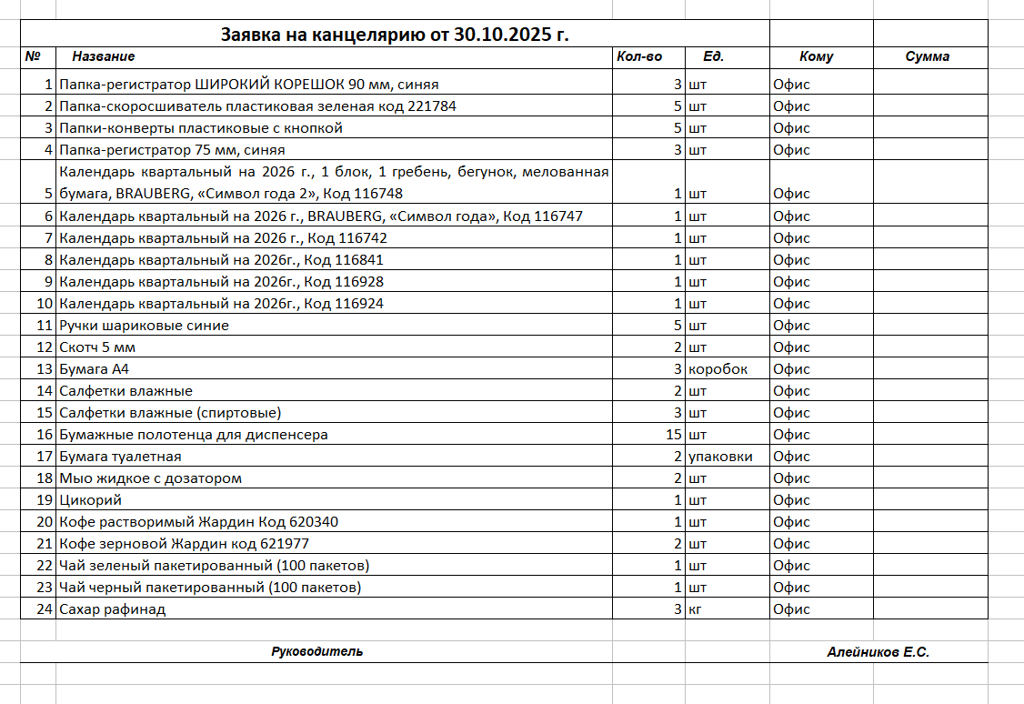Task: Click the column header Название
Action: point(104,56)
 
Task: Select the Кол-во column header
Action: point(639,56)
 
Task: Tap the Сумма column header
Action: point(928,56)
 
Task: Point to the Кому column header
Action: point(817,56)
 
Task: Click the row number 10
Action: point(45,304)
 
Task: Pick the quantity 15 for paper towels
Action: point(674,435)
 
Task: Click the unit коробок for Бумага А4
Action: point(718,369)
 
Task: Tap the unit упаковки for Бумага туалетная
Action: point(721,457)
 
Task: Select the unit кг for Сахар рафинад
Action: point(696,609)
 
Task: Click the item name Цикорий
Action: point(90,500)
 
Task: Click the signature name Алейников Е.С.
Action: point(878,652)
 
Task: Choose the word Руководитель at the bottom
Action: point(316,651)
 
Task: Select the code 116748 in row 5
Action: point(378,194)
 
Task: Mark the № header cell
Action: point(34,56)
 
